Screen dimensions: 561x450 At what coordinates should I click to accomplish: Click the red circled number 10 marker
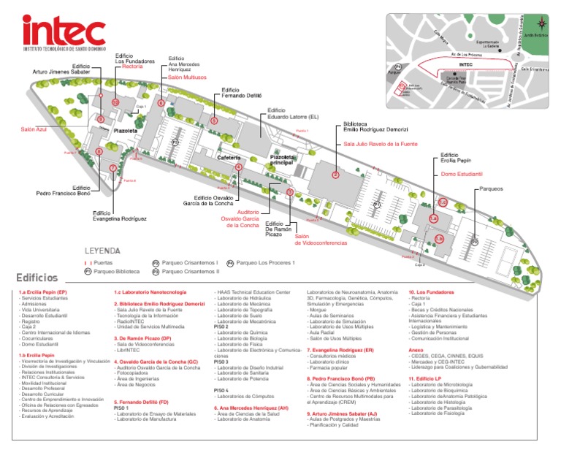coord(115,103)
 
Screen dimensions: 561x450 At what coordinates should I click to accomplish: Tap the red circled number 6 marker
coord(161,103)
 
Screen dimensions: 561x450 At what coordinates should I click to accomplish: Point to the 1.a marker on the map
coord(433,218)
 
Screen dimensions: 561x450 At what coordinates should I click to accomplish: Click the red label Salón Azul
coord(33,129)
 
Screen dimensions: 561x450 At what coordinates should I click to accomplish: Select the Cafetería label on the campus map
coord(229,157)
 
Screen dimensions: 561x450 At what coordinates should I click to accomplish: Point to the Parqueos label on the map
coord(491,188)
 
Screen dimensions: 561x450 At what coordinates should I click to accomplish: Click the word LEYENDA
coord(102,250)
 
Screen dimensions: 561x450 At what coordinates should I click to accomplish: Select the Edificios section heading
coord(37,278)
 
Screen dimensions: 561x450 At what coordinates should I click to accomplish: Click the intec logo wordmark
coord(64,30)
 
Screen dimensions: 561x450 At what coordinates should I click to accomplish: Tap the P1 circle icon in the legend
coord(87,272)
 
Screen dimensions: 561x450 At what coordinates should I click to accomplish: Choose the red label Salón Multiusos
coord(188,77)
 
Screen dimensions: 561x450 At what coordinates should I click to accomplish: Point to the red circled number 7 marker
coord(112,168)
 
